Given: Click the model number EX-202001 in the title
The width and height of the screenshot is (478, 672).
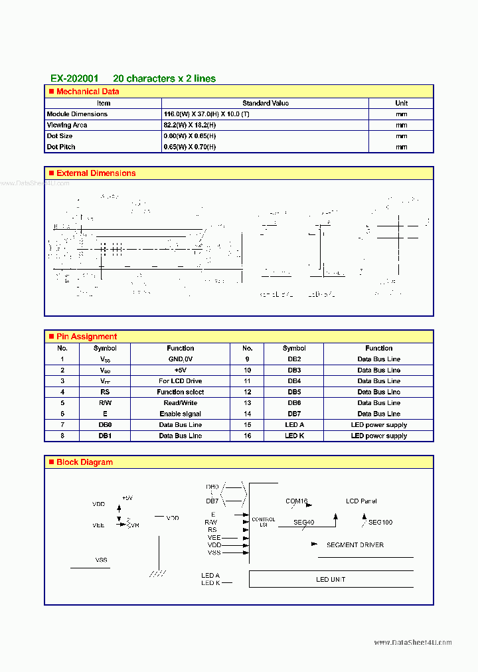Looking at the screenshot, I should [x=74, y=78].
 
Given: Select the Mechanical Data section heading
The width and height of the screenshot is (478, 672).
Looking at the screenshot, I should [x=88, y=92].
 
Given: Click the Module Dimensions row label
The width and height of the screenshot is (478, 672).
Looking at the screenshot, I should [x=77, y=114].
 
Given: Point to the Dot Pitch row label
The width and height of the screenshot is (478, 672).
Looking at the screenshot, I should [x=61, y=147].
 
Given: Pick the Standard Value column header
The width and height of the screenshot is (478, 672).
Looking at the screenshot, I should [x=266, y=103].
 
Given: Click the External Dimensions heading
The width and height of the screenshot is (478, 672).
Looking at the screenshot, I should [x=96, y=173].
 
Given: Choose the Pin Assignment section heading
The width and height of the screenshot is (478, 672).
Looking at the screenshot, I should [x=86, y=337].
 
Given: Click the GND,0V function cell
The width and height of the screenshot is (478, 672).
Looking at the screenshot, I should [x=180, y=359].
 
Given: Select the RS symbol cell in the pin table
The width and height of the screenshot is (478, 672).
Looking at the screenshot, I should [x=105, y=392].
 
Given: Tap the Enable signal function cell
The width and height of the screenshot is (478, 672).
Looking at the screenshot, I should [x=180, y=414].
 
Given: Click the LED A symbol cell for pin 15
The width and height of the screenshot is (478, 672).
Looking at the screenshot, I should [x=294, y=425].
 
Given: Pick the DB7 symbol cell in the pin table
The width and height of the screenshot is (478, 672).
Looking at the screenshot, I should [x=294, y=414].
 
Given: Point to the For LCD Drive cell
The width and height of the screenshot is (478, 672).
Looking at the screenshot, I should [x=180, y=381].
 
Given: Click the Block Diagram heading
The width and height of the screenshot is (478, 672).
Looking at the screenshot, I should [x=84, y=462].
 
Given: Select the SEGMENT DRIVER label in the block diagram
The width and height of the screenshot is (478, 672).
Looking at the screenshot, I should [x=355, y=545].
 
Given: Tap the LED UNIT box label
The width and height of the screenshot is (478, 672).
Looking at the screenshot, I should [x=331, y=580].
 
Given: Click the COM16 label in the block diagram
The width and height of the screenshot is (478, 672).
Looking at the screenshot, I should [x=297, y=501].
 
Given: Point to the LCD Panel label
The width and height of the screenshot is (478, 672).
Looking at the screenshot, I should [x=361, y=501].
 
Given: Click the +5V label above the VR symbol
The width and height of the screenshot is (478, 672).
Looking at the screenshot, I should [x=127, y=498].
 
